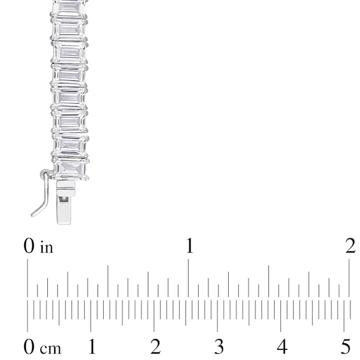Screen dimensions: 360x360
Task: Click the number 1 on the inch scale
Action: pyautogui.click(x=189, y=246)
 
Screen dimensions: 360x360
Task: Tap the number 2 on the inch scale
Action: pyautogui.click(x=350, y=246)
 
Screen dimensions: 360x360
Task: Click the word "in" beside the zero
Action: pyautogui.click(x=47, y=247)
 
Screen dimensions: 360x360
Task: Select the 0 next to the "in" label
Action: pyautogui.click(x=29, y=246)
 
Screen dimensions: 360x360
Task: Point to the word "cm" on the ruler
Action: pyautogui.click(x=50, y=349)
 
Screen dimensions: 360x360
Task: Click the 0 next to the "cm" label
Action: pyautogui.click(x=29, y=347)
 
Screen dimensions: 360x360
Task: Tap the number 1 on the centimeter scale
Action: pyautogui.click(x=92, y=346)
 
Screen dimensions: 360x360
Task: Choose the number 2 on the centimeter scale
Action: pyautogui.click(x=155, y=346)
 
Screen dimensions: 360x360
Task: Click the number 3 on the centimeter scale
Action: pyautogui.click(x=219, y=347)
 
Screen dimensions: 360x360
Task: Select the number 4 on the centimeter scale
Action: pyautogui.click(x=282, y=346)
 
